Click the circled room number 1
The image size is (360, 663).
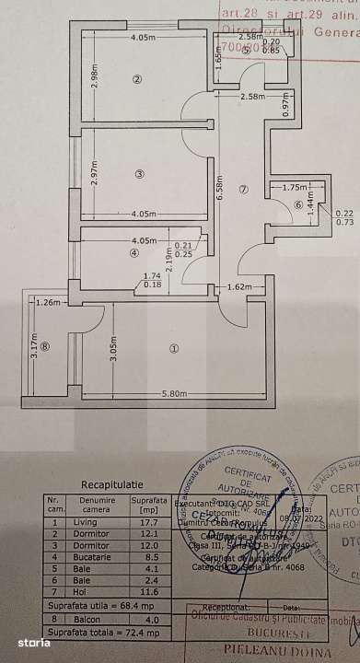click(x=175, y=348)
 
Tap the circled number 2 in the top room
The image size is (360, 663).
click(x=136, y=78)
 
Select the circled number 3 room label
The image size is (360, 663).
click(x=137, y=174)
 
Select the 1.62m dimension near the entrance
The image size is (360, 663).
click(x=238, y=288)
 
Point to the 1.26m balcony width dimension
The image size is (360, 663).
click(x=48, y=301)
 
